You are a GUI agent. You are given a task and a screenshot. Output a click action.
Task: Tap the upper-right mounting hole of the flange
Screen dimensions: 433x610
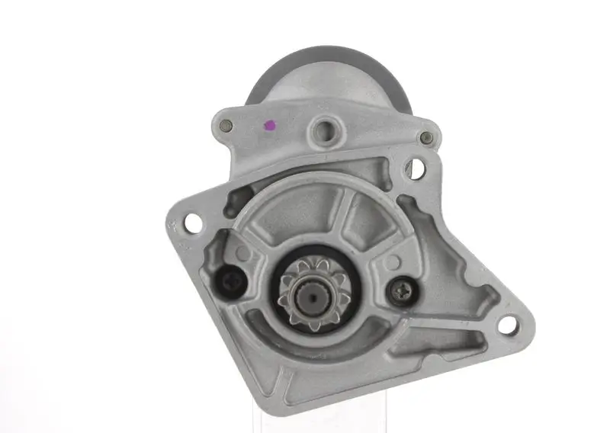point(416,168)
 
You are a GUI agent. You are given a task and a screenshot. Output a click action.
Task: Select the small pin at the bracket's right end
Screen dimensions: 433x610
point(427,138)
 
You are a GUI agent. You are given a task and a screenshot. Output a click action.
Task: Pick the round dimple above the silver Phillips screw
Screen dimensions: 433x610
point(391,261)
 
